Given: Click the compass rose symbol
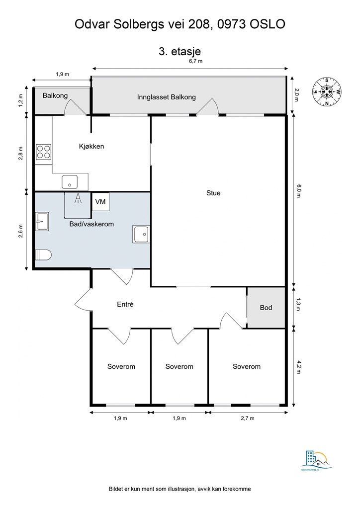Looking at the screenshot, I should tap(327, 92).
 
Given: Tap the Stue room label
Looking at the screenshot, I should tap(213, 193).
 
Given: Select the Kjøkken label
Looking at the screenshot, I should tap(91, 146).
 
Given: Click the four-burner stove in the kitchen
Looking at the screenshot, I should tap(43, 151).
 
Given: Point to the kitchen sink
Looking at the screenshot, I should tap(70, 182).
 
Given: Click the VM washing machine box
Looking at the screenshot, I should tap(100, 202).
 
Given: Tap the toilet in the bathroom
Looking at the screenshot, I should tap(43, 255).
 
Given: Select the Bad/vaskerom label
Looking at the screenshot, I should tap(91, 224).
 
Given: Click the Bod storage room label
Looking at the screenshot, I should tap(266, 308).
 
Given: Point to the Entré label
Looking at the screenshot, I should tap(125, 304).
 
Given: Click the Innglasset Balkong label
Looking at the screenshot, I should tap(167, 97).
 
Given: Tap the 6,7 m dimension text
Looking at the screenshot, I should tap(195, 61).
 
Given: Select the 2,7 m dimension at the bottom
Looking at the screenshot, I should tap(247, 418).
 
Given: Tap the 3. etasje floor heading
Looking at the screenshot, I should tap(180, 50).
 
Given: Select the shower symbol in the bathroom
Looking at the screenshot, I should tap(78, 199).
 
